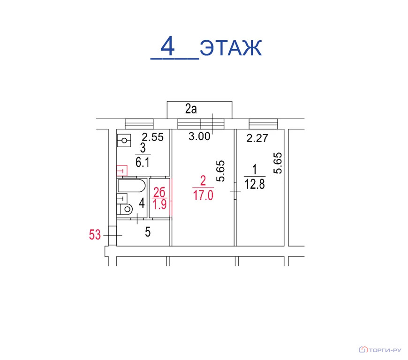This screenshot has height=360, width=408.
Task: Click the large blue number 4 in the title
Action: coord(167,46)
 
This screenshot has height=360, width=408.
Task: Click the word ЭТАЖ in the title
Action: coord(231,48)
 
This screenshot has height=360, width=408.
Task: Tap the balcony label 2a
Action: coord(191,109)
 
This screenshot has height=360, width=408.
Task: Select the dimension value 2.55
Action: coord(153,137)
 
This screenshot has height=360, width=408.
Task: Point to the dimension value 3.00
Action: coord(199,136)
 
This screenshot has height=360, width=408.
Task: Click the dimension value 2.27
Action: coord(257,138)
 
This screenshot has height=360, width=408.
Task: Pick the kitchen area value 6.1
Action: coord(143,163)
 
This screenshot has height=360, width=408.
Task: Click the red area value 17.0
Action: coord(203,195)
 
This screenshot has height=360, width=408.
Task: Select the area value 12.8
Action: coord(255,184)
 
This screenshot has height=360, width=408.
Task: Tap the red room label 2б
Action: coord(159,192)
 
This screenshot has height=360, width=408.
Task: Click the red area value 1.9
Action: coord(159,204)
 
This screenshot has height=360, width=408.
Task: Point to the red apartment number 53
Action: coord(95,235)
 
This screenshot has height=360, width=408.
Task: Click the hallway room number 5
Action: coord(148,232)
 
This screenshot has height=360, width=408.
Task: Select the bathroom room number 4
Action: coord(142,203)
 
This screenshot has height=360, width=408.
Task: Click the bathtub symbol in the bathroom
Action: coord(131,186)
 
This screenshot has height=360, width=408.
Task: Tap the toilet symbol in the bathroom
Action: coord(125,209)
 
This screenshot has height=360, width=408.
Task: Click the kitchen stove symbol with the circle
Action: coord(124,141)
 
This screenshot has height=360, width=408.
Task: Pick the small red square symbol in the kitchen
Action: coord(122,171)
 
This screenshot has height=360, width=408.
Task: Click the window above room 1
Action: coord(264,124)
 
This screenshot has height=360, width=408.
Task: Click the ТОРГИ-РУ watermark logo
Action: coord(380,350)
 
